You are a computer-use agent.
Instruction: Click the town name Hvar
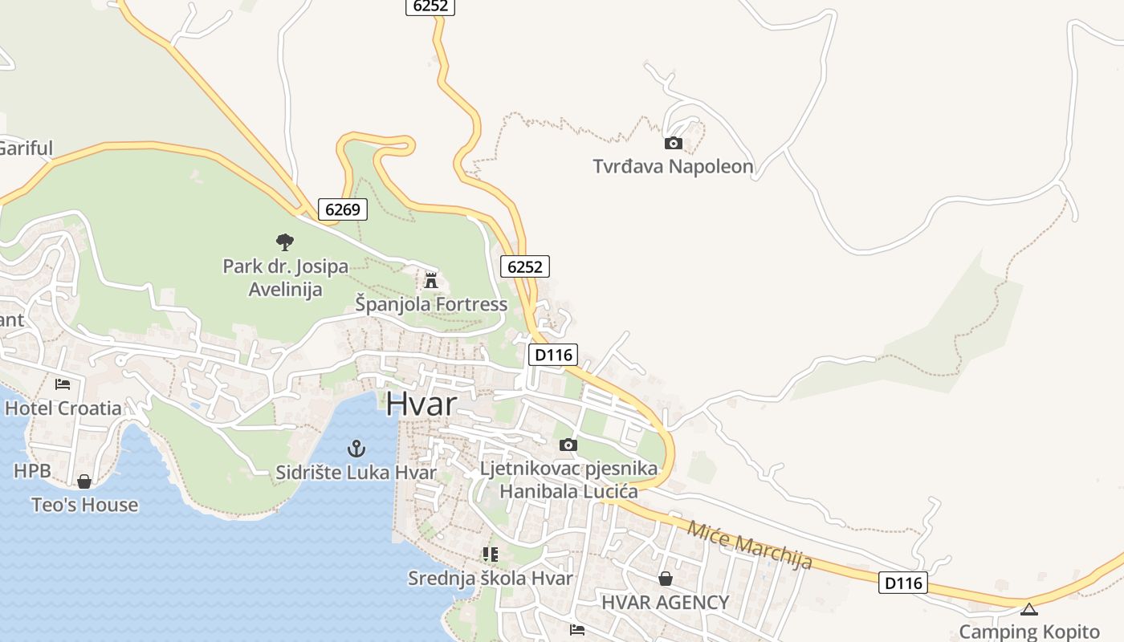[x=421, y=404]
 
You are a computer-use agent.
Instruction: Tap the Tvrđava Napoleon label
[x=673, y=167]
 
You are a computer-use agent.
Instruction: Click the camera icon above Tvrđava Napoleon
[x=673, y=144]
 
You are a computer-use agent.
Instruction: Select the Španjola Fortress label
[x=431, y=304]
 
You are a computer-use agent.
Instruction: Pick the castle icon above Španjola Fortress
[x=431, y=281]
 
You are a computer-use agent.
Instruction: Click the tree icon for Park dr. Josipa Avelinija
[x=284, y=242]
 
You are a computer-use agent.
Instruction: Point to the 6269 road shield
[x=343, y=209]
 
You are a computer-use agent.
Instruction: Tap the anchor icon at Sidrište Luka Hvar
[x=356, y=449]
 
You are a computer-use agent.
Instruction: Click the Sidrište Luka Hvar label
[x=356, y=473]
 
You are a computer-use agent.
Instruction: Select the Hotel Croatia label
[x=63, y=408]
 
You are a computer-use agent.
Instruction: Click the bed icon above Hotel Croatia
[x=63, y=384]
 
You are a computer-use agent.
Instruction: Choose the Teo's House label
[x=84, y=505]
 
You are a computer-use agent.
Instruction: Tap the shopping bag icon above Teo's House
[x=84, y=481]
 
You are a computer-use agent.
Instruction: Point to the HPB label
[x=32, y=471]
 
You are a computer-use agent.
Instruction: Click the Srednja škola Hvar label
[x=490, y=578]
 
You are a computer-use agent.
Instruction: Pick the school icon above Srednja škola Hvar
[x=490, y=555]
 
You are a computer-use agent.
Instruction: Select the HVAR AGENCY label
[x=665, y=602]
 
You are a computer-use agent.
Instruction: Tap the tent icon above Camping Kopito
[x=1029, y=609]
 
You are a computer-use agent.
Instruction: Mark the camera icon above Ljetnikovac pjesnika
[x=568, y=445]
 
